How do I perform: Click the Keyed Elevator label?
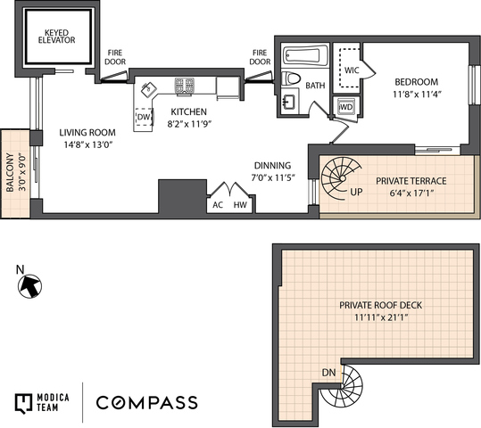pyautogui.click(x=56, y=37)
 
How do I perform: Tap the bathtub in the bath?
pyautogui.click(x=305, y=55)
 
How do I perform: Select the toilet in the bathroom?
pyautogui.click(x=291, y=78)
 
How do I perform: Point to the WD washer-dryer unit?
pyautogui.click(x=346, y=107)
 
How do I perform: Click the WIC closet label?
pyautogui.click(x=352, y=70)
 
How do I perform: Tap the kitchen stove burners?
pyautogui.click(x=185, y=86)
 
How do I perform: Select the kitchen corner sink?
pyautogui.click(x=149, y=89)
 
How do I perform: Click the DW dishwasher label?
pyautogui.click(x=144, y=117)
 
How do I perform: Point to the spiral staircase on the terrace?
pyautogui.click(x=341, y=177)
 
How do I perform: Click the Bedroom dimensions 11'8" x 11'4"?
pyautogui.click(x=417, y=95)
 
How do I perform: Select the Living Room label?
pyautogui.click(x=87, y=133)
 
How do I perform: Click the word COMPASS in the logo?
pyautogui.click(x=147, y=402)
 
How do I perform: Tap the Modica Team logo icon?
pyautogui.click(x=23, y=403)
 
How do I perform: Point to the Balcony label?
pyautogui.click(x=10, y=173)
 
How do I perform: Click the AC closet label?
pyautogui.click(x=218, y=205)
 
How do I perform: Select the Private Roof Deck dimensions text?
pyautogui.click(x=381, y=317)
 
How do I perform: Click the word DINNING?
pyautogui.click(x=273, y=166)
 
